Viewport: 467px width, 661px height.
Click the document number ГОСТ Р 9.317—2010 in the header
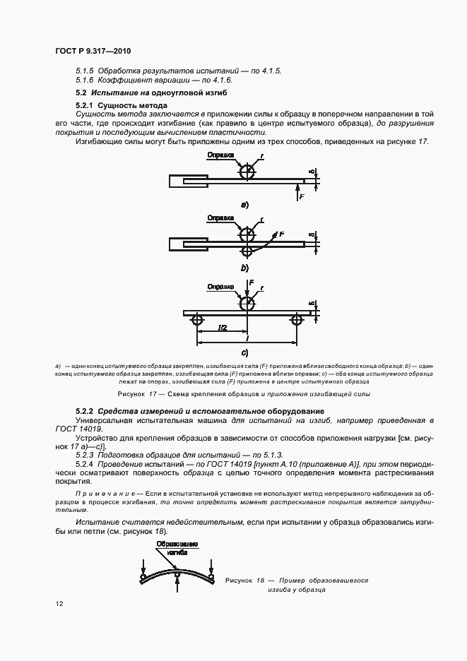[x=92, y=52]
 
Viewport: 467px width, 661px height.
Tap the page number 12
[x=59, y=604]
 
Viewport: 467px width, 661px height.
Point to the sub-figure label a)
[x=244, y=206]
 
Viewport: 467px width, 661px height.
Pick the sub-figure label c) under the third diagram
[x=244, y=352]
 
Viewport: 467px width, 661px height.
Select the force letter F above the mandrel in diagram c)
[x=251, y=282]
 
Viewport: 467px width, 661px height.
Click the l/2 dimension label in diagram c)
[x=222, y=328]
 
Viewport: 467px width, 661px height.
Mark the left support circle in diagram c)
[x=197, y=321]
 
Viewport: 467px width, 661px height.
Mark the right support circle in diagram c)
[x=296, y=321]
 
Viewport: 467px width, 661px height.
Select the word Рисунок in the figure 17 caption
[x=131, y=393]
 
